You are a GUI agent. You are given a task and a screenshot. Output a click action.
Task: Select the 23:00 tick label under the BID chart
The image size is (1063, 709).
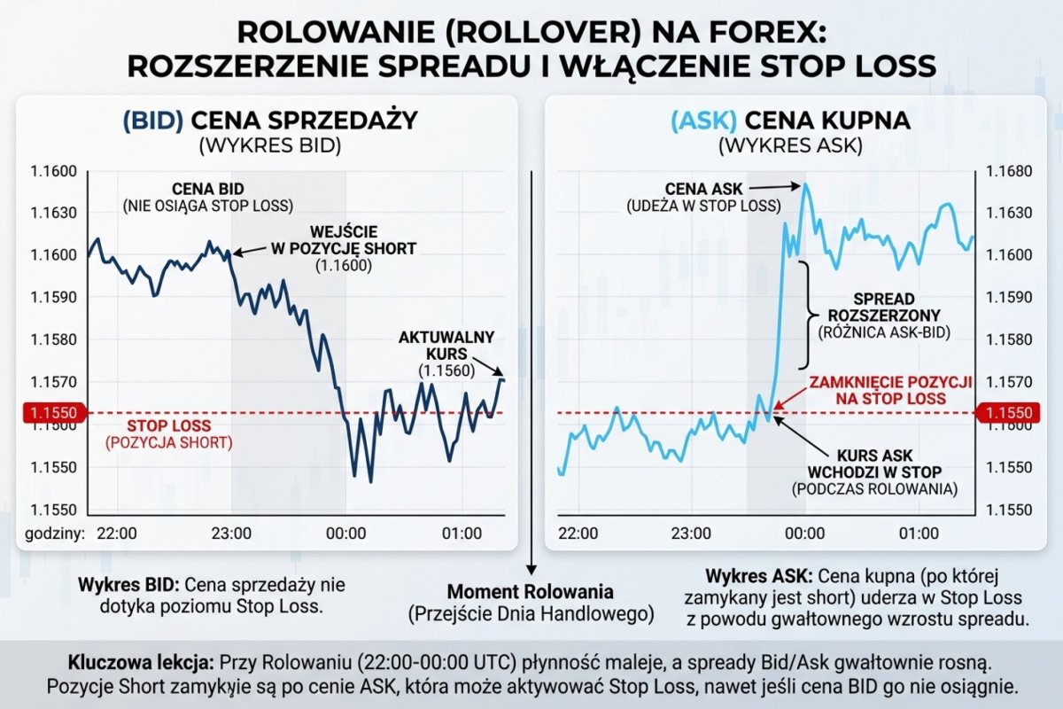point(232,534)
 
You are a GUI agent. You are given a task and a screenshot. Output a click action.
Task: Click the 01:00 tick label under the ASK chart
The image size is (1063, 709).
point(919,534)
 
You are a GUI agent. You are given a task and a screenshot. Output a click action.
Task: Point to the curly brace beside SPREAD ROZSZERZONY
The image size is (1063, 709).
point(807,315)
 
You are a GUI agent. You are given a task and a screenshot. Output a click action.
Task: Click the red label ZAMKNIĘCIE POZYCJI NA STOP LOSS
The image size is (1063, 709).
point(889,390)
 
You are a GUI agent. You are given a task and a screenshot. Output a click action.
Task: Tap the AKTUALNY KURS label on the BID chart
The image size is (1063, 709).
point(446,346)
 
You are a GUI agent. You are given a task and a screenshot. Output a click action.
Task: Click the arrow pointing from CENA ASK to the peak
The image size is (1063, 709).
point(774,186)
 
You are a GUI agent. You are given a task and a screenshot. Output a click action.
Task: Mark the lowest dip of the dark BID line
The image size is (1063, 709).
point(369,481)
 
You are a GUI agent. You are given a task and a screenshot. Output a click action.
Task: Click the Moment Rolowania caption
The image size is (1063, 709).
point(531,591)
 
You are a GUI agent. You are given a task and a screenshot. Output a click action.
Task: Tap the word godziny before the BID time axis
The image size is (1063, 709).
point(52,534)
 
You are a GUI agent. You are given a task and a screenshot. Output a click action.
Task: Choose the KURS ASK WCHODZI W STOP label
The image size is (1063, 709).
point(876,470)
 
